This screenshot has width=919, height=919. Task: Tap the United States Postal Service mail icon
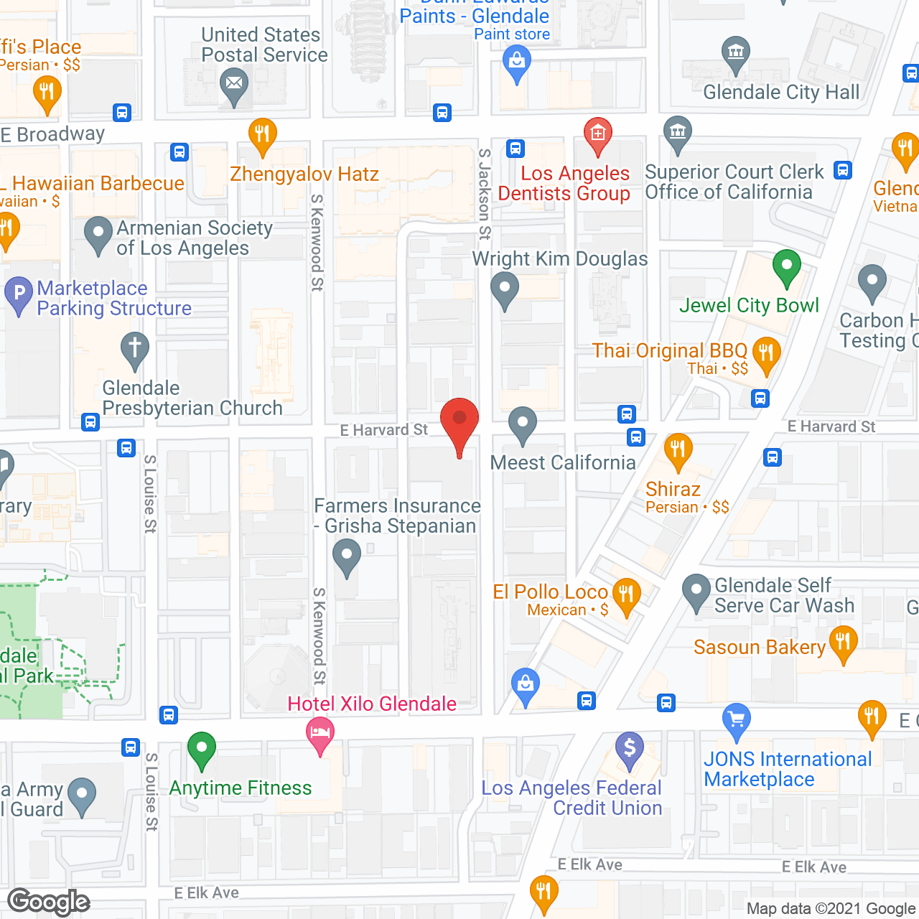tap(233, 84)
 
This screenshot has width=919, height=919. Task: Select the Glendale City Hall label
tap(781, 93)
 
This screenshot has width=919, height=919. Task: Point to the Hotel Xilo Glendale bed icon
tap(320, 733)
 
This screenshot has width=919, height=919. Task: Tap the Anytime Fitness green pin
tap(202, 748)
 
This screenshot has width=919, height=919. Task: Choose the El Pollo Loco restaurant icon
tap(626, 594)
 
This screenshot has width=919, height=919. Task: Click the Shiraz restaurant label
tap(673, 490)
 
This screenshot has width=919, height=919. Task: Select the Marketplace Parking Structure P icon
tap(19, 294)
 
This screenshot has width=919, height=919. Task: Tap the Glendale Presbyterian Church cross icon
tap(134, 349)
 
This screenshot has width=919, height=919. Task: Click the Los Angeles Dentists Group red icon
tap(597, 134)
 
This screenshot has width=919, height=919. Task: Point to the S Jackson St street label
tap(485, 194)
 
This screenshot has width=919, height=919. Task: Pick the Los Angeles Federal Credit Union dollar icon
tap(630, 747)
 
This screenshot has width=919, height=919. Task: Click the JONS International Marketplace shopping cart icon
tap(736, 719)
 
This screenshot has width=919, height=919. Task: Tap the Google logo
tap(49, 902)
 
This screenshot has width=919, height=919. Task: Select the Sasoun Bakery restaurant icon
tap(843, 640)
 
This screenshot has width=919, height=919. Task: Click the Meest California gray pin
tap(523, 424)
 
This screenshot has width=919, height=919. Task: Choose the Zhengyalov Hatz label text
tap(304, 174)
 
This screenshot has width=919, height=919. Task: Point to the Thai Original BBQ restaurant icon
tap(766, 353)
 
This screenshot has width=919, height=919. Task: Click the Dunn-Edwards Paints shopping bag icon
tap(516, 61)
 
